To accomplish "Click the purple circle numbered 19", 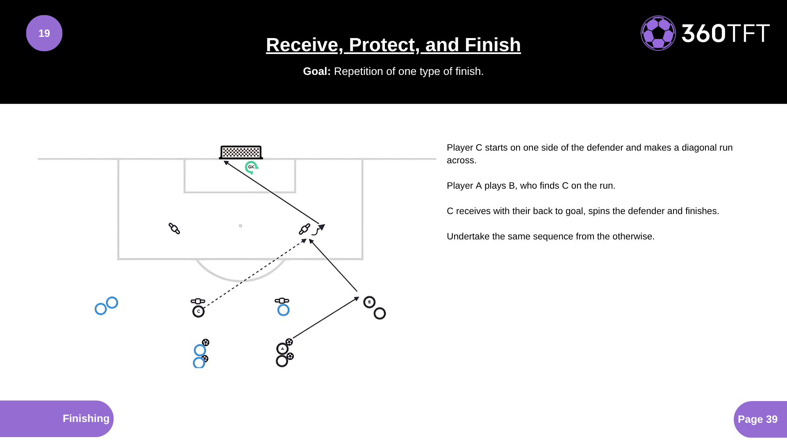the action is (44, 33).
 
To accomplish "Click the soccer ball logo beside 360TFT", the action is (658, 33).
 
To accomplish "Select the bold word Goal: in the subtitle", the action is (317, 71).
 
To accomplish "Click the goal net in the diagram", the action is (241, 152).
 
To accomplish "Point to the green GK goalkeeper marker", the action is (251, 167).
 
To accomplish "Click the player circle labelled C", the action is (198, 311).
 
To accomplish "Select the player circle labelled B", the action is (369, 302).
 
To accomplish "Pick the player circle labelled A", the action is (282, 349).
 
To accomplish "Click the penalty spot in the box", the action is (240, 226).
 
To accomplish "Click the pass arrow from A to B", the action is (326, 318).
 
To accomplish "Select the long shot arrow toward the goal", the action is (271, 192).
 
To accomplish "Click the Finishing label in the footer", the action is (86, 418).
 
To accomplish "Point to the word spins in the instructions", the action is (599, 211).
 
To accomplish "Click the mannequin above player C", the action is (198, 301).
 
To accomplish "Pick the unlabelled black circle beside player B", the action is (380, 313).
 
